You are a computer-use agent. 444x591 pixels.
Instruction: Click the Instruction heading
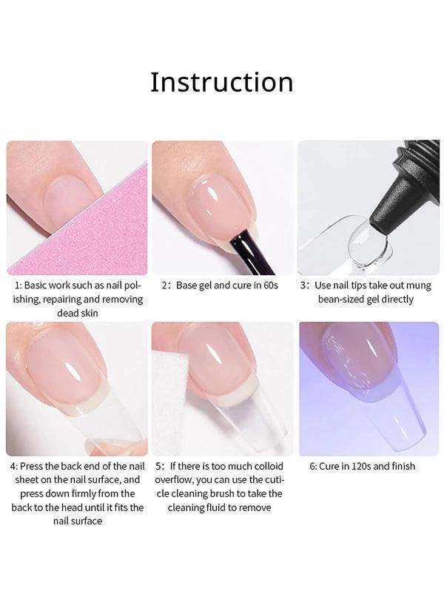(x=222, y=82)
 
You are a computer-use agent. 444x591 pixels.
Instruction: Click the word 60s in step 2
(x=271, y=286)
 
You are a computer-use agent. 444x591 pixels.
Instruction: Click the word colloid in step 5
(x=269, y=466)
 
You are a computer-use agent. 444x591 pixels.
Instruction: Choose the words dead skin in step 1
(x=78, y=313)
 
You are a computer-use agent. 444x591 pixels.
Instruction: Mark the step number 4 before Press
(x=13, y=467)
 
